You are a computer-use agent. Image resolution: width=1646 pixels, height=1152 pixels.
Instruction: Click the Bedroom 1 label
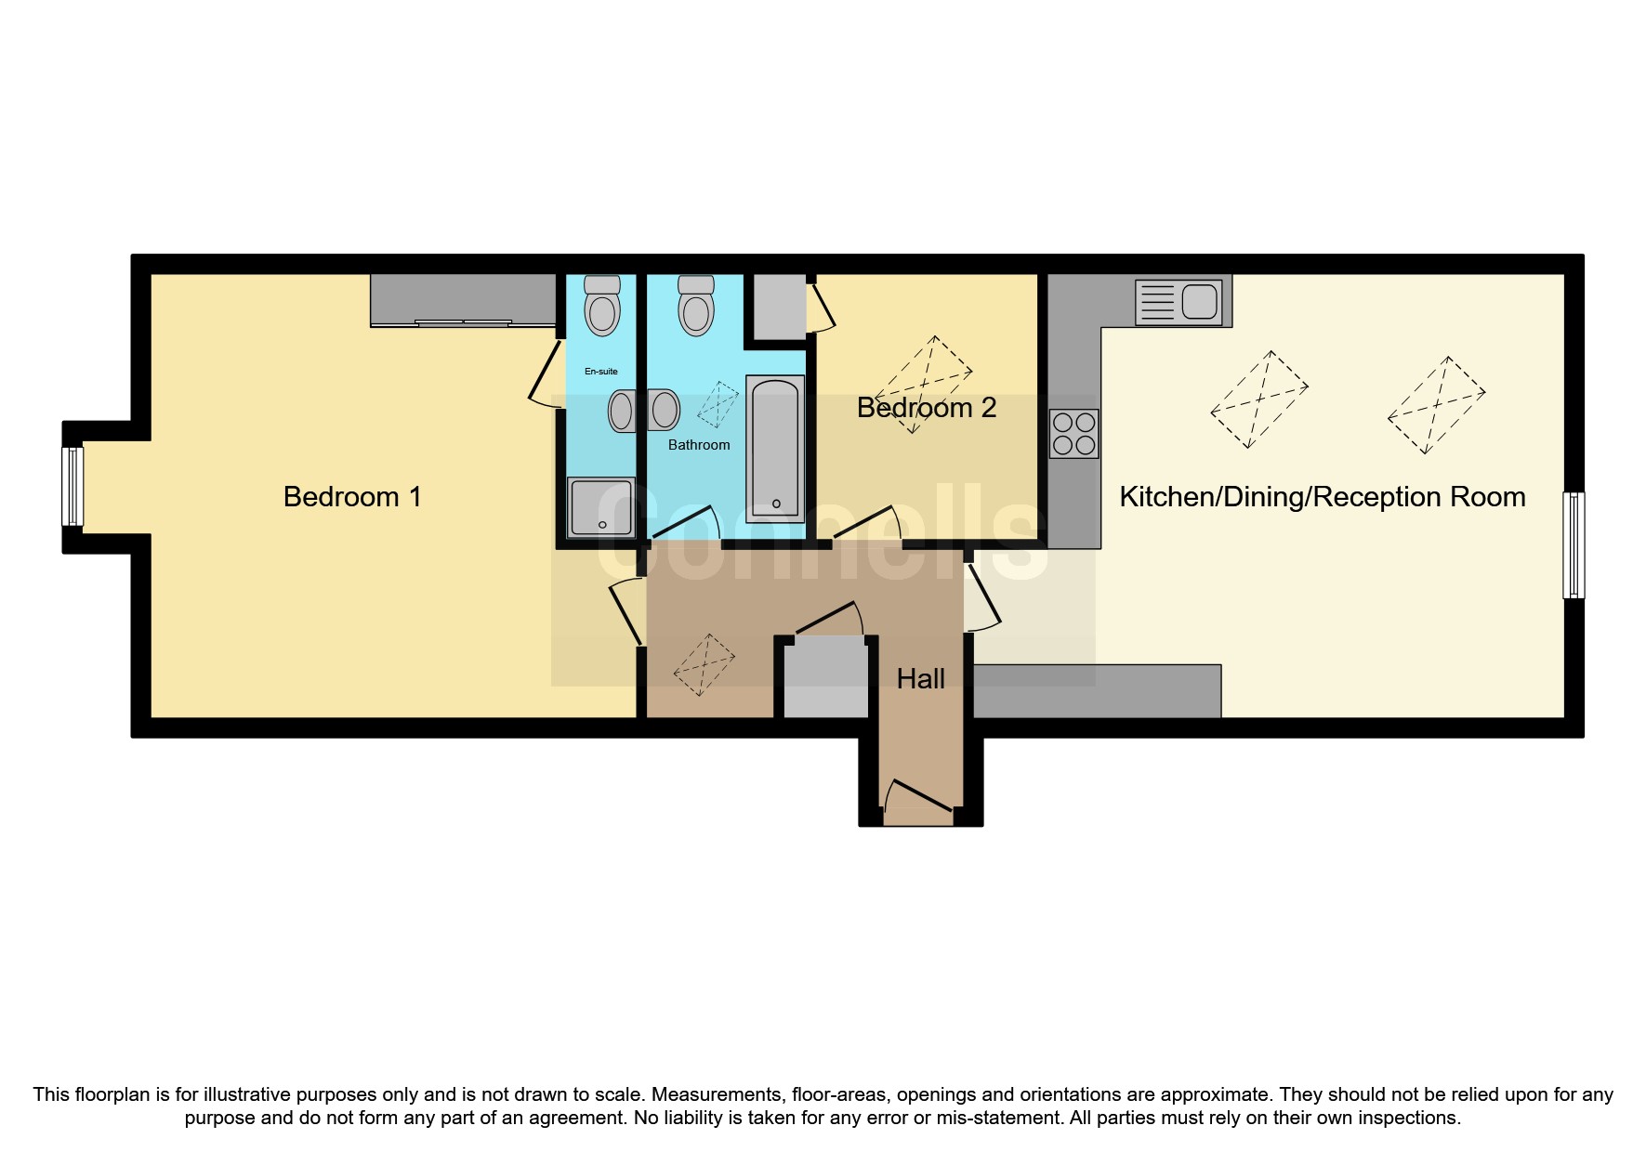tap(352, 497)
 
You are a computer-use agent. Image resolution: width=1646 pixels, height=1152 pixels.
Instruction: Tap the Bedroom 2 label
tap(926, 408)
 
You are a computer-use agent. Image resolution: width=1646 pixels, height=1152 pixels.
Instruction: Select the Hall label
tap(920, 679)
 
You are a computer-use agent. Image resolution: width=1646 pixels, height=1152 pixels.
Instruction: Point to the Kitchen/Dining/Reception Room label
tap(1322, 497)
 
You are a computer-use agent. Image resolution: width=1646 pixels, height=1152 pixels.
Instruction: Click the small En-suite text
tap(600, 372)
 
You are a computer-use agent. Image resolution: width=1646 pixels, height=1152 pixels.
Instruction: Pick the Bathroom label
tap(699, 445)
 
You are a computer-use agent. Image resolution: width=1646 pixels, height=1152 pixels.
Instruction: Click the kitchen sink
tap(1179, 303)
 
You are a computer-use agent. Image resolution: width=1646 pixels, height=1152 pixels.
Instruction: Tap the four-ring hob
tap(1073, 434)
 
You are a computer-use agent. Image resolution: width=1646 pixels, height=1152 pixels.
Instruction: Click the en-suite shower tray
tap(601, 507)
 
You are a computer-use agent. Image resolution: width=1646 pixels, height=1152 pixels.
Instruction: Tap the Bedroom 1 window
tap(72, 486)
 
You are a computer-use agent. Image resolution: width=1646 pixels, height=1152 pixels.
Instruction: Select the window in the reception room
tap(1574, 545)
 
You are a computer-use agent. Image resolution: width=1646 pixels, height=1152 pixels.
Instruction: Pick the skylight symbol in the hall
tap(704, 665)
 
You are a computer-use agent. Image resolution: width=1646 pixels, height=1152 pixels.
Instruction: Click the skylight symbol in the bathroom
tap(718, 404)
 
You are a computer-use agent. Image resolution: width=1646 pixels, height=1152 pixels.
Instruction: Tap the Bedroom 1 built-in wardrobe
tap(463, 299)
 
